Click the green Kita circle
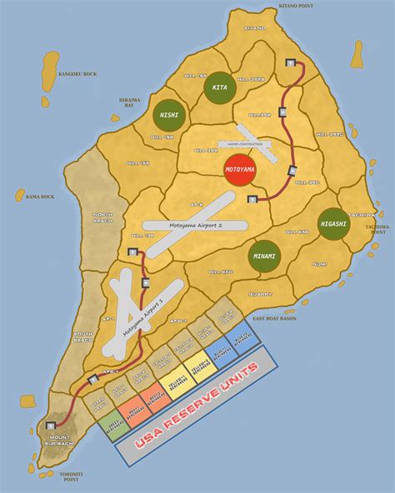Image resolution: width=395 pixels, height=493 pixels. (x=220, y=87)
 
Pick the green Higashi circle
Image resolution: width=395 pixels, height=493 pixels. (x=332, y=223)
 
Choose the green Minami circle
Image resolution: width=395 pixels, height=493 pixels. (x=264, y=256)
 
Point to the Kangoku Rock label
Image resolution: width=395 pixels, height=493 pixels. (x=78, y=74)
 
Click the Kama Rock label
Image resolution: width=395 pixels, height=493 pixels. (x=32, y=197)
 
